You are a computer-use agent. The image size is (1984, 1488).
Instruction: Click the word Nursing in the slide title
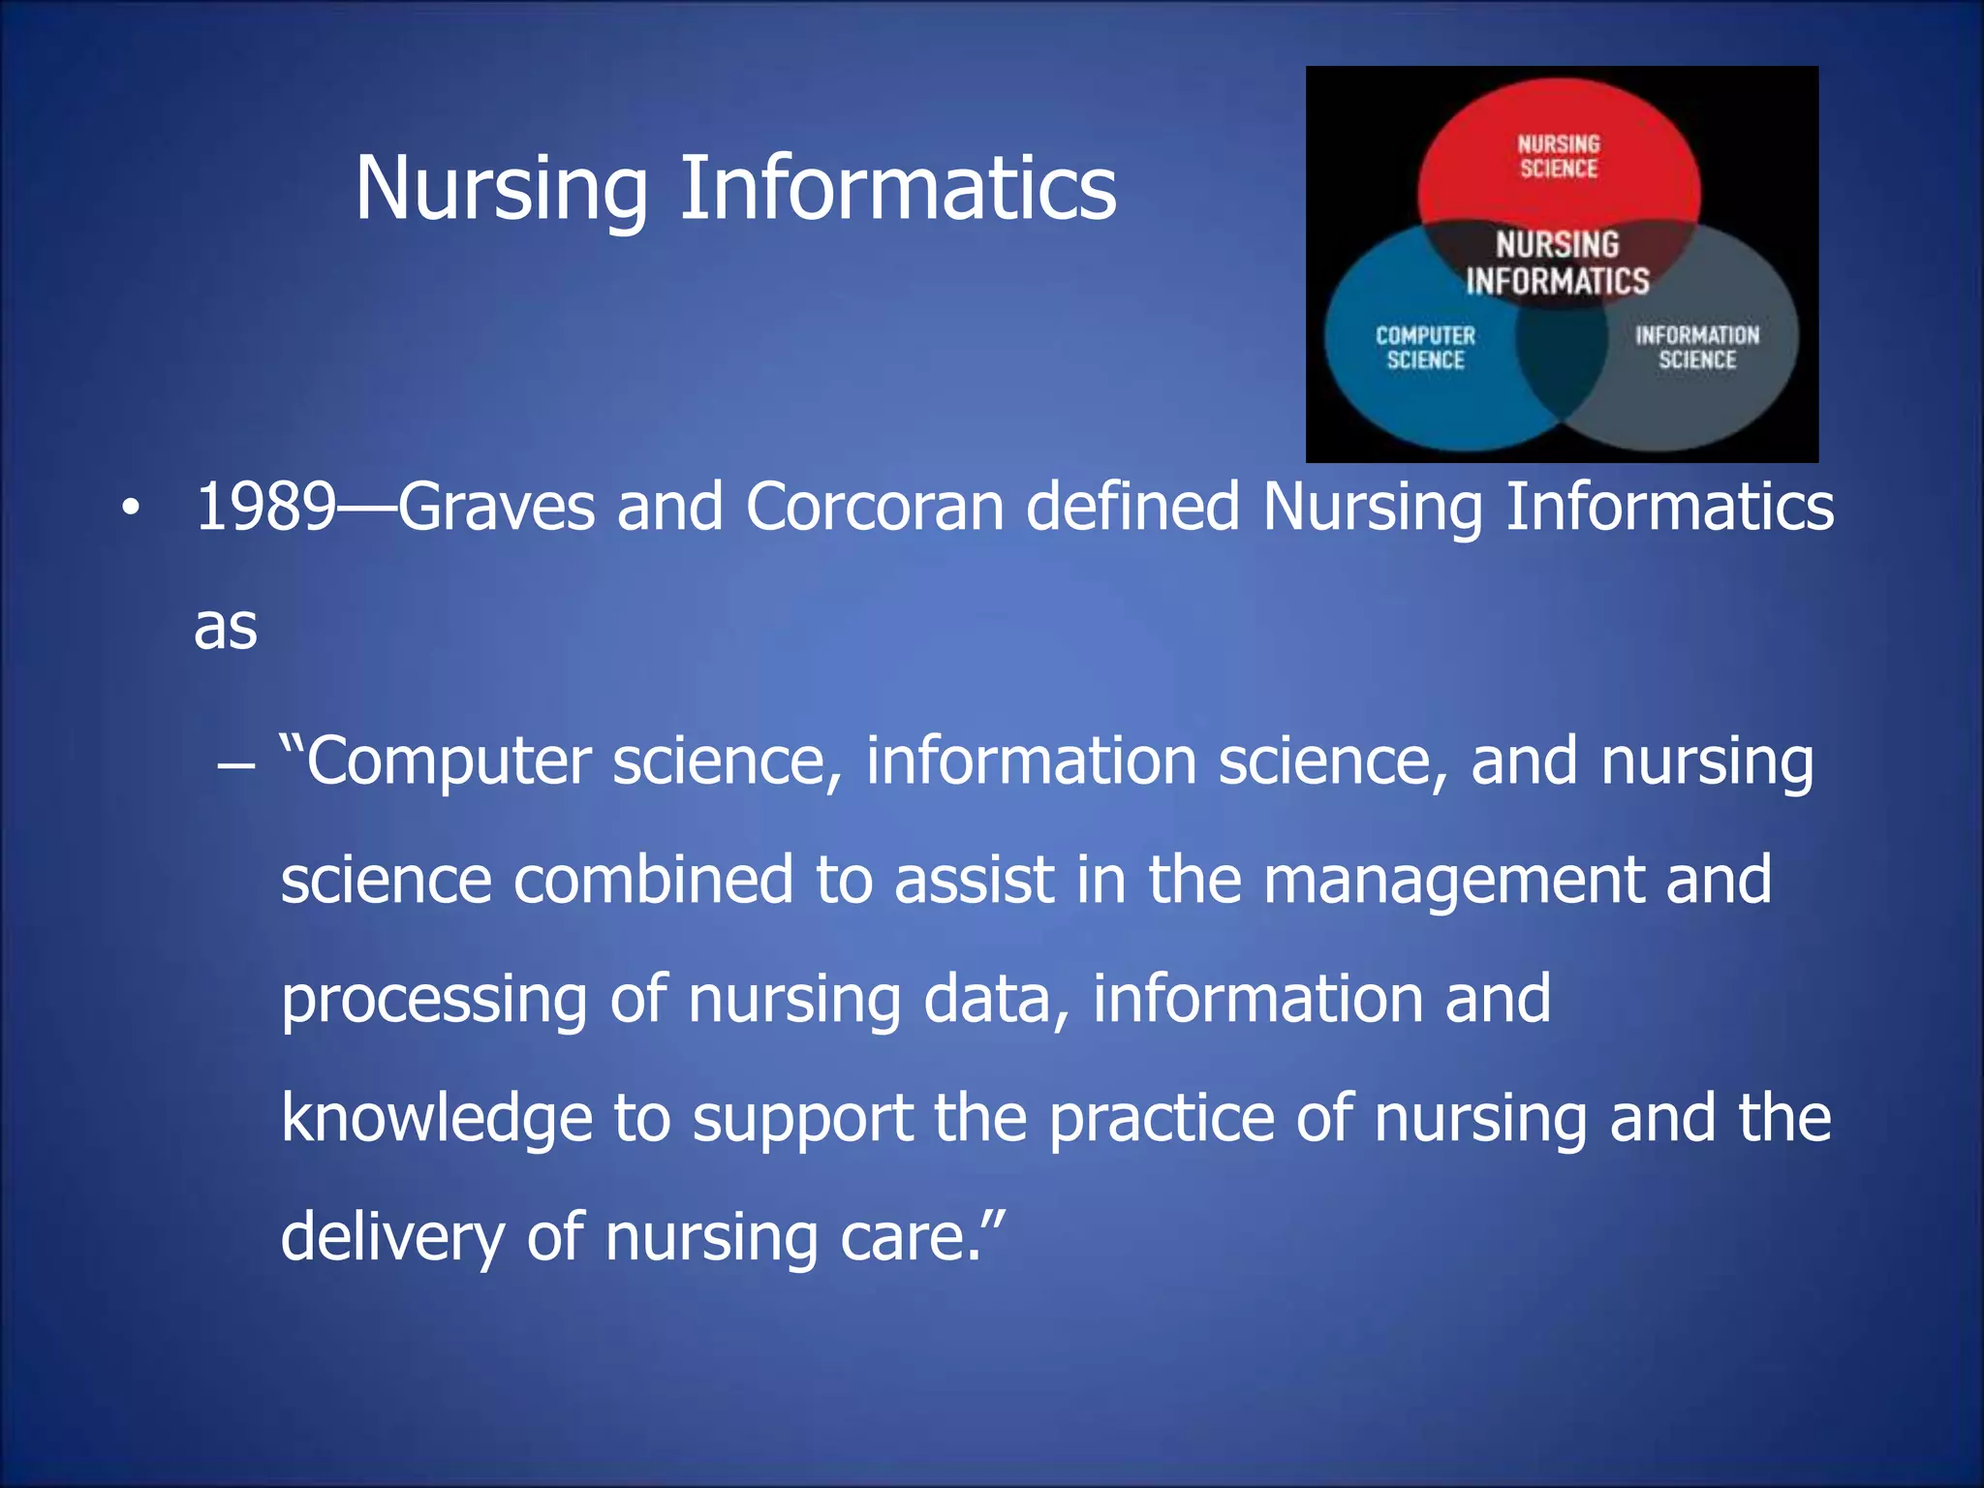pyautogui.click(x=501, y=189)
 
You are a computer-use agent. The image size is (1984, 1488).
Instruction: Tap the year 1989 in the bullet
pyautogui.click(x=264, y=507)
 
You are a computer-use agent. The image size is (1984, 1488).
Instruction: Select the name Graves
pyautogui.click(x=496, y=507)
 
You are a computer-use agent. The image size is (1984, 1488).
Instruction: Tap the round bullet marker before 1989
pyautogui.click(x=131, y=509)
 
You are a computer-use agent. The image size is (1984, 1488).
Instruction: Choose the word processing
pyautogui.click(x=434, y=1001)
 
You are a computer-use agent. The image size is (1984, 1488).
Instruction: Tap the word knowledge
pyautogui.click(x=436, y=1118)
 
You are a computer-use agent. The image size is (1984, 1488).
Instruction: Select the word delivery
pyautogui.click(x=392, y=1238)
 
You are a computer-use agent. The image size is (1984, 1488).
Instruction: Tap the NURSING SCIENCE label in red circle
pyautogui.click(x=1558, y=157)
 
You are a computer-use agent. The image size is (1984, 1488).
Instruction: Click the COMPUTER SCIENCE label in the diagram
pyautogui.click(x=1425, y=348)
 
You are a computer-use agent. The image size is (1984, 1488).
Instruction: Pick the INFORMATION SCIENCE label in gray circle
pyautogui.click(x=1697, y=348)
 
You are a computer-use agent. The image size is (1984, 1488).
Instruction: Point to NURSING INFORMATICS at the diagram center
pyautogui.click(x=1557, y=263)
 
